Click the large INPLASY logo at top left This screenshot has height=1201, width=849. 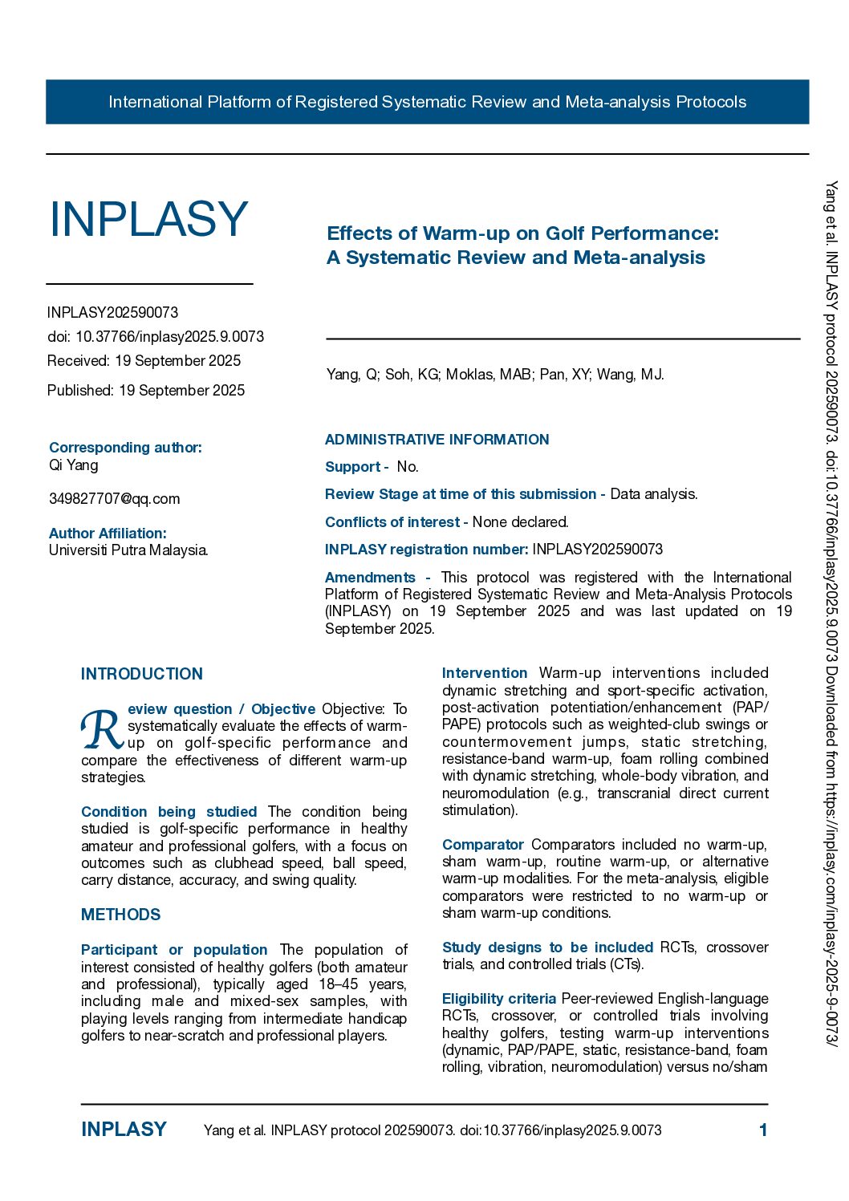pyautogui.click(x=148, y=219)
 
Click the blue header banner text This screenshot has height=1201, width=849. pyautogui.click(x=427, y=102)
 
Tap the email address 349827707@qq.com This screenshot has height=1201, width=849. pyautogui.click(x=114, y=499)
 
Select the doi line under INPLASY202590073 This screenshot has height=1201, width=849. pyautogui.click(x=155, y=337)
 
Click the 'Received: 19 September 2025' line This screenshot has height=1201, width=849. pyautogui.click(x=144, y=361)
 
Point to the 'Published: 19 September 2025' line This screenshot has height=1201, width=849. pyautogui.click(x=146, y=391)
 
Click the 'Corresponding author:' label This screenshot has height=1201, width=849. pyautogui.click(x=125, y=448)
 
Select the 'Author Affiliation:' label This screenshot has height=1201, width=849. pyautogui.click(x=108, y=534)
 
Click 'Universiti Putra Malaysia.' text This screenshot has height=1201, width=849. pyautogui.click(x=128, y=550)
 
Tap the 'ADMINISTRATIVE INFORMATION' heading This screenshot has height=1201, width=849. pyautogui.click(x=437, y=440)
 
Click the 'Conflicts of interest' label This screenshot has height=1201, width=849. pyautogui.click(x=392, y=522)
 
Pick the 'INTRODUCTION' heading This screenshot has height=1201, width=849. pyautogui.click(x=141, y=674)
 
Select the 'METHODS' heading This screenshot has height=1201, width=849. pyautogui.click(x=120, y=915)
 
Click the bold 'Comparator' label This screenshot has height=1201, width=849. pyautogui.click(x=482, y=845)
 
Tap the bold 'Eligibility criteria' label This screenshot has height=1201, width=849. pyautogui.click(x=498, y=999)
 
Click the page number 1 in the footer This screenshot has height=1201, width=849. pyautogui.click(x=763, y=1130)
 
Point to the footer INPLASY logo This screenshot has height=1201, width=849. pyautogui.click(x=124, y=1130)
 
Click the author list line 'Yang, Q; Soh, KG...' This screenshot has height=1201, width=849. pyautogui.click(x=494, y=375)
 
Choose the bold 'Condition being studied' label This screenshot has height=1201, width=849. pyautogui.click(x=169, y=812)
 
